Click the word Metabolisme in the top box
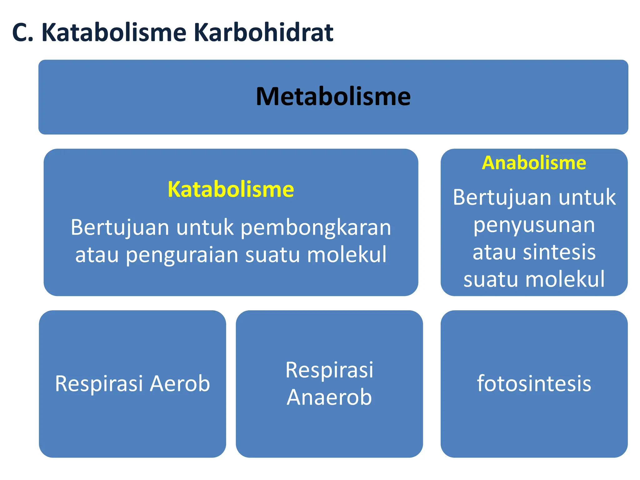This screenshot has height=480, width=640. (333, 97)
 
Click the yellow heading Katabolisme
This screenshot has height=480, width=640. (231, 189)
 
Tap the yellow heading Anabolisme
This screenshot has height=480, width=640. (534, 163)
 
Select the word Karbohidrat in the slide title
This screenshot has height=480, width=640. (263, 32)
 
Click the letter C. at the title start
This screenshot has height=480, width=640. (22, 32)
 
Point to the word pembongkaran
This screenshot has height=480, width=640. (316, 227)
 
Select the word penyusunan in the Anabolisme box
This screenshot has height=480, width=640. (534, 225)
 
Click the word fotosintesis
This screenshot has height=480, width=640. (534, 383)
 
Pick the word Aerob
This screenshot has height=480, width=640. (180, 383)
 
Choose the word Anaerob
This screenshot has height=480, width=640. (329, 397)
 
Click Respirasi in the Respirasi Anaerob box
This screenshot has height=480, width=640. (329, 370)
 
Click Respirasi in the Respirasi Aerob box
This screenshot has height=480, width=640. (99, 383)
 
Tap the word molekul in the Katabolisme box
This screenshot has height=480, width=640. (347, 254)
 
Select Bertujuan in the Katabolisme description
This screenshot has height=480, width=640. (120, 227)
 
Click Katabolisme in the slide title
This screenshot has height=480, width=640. (114, 32)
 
